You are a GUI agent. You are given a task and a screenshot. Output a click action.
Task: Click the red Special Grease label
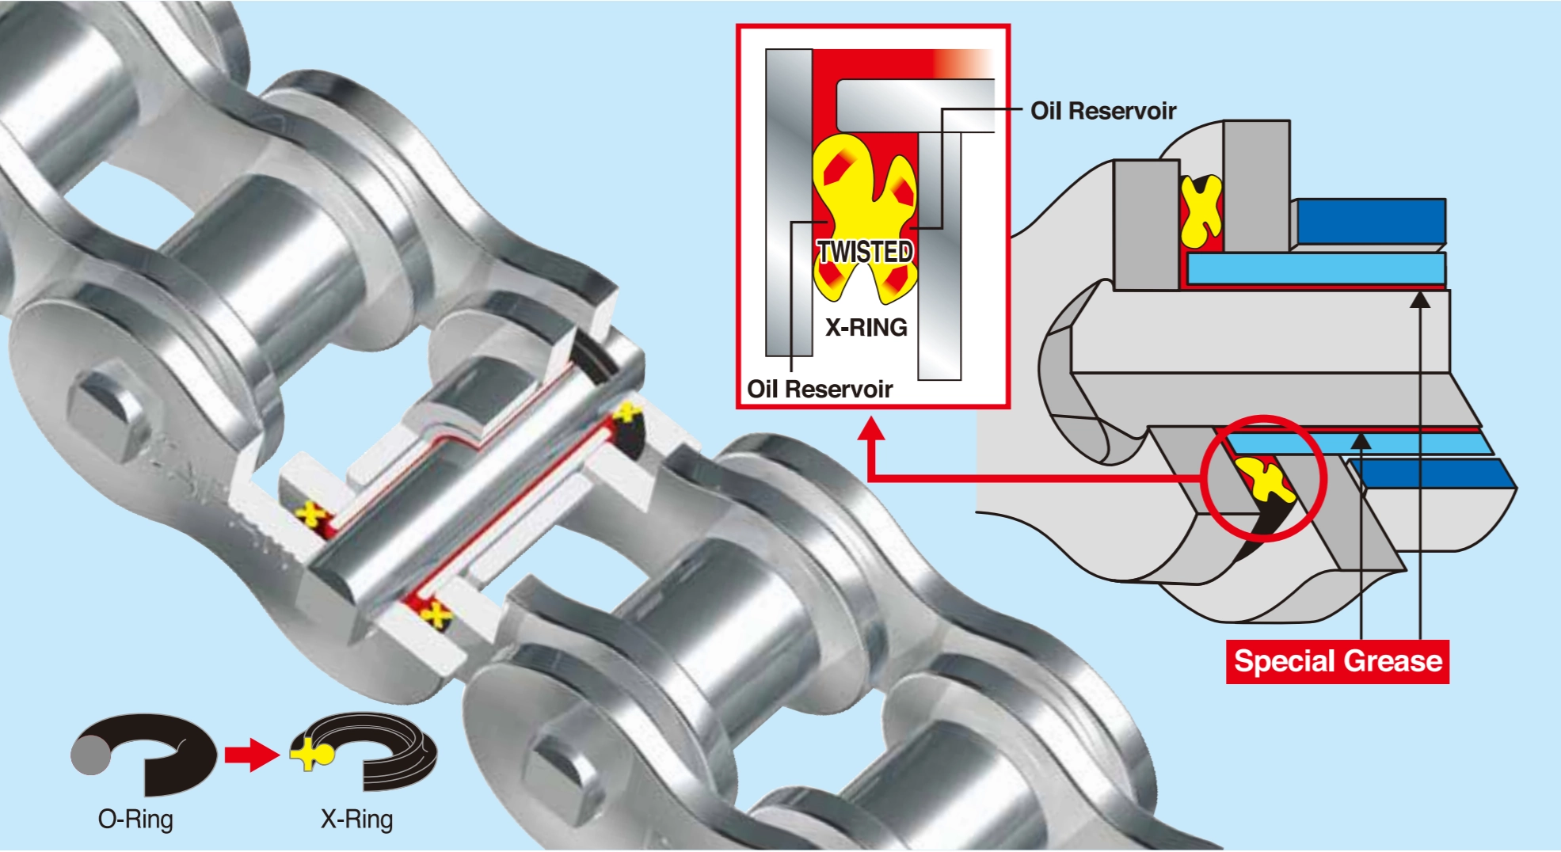(x=1337, y=661)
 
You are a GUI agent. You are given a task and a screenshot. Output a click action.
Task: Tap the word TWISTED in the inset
(x=866, y=252)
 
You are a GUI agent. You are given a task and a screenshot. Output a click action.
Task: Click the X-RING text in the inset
(x=866, y=327)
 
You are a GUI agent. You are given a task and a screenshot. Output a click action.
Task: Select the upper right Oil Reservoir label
(x=1103, y=111)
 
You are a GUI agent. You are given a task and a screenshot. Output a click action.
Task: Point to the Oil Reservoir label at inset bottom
(x=820, y=389)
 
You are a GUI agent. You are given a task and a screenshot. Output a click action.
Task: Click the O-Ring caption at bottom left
(x=135, y=819)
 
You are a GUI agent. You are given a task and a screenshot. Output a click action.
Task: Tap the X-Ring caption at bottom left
(x=356, y=819)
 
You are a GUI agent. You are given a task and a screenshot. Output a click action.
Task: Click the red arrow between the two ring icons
(x=252, y=754)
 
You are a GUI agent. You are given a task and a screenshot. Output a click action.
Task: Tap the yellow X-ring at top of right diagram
(x=1201, y=211)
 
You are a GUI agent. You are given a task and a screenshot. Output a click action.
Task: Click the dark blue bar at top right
(x=1369, y=222)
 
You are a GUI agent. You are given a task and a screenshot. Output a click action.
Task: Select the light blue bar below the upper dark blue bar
(x=1315, y=268)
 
